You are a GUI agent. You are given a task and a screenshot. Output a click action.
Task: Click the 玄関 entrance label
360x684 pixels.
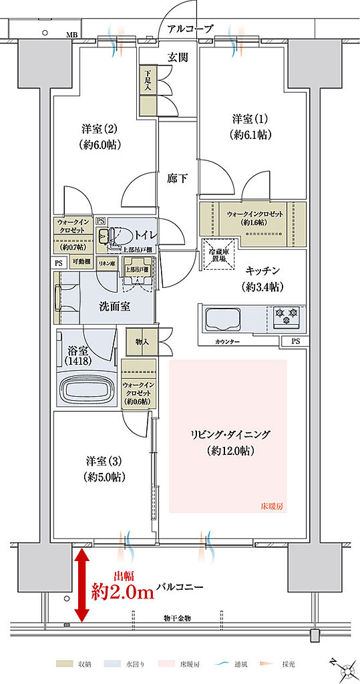click(x=178, y=57)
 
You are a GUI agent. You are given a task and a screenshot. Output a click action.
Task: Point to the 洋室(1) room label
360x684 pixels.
click(x=251, y=125)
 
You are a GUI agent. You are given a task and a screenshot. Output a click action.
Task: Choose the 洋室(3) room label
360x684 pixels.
click(x=106, y=468)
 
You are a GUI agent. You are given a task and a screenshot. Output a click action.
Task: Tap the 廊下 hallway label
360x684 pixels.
click(x=178, y=178)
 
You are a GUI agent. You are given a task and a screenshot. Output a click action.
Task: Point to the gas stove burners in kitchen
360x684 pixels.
click(x=287, y=316)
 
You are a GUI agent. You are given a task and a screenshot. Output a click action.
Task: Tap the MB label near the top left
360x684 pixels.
click(x=70, y=33)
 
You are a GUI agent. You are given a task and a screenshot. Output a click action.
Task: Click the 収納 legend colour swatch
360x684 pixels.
click(x=64, y=665)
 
